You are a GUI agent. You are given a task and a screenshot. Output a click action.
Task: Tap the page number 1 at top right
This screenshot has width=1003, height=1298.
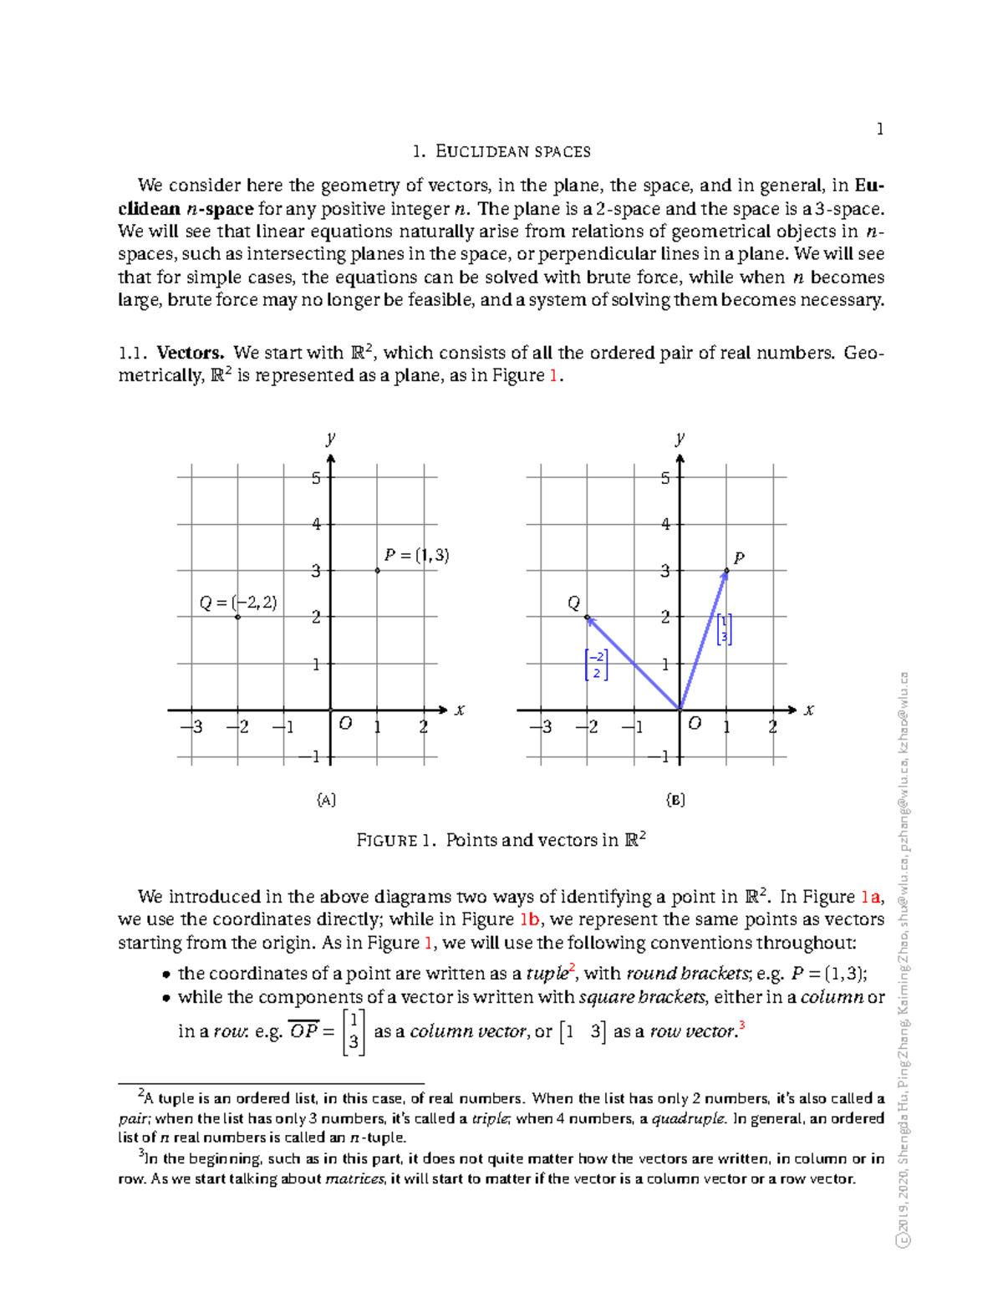click(879, 129)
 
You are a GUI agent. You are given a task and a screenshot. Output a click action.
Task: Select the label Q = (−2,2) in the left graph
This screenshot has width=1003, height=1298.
click(238, 603)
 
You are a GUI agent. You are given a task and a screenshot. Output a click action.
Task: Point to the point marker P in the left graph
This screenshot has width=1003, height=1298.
click(378, 571)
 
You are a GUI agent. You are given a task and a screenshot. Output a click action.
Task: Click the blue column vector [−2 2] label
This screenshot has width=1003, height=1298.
click(596, 664)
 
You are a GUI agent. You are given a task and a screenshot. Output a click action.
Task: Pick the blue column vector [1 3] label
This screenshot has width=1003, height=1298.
click(724, 629)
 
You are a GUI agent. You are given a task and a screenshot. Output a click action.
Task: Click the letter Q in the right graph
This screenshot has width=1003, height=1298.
click(573, 603)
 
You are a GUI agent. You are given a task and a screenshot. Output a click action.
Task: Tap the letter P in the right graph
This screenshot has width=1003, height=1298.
click(738, 557)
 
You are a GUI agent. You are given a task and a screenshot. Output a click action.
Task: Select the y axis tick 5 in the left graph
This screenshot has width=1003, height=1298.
click(316, 479)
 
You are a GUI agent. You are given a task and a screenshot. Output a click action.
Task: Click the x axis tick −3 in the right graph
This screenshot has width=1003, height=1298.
click(542, 727)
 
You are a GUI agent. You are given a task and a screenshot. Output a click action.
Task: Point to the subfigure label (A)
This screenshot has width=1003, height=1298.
click(326, 800)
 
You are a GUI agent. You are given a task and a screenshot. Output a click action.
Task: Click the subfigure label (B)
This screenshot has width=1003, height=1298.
click(675, 800)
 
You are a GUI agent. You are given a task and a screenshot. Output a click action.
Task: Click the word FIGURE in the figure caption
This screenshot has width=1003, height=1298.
click(386, 841)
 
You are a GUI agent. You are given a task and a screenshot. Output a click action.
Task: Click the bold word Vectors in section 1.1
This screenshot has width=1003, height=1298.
click(191, 353)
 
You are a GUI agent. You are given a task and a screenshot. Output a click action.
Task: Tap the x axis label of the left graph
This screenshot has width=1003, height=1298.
click(459, 710)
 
